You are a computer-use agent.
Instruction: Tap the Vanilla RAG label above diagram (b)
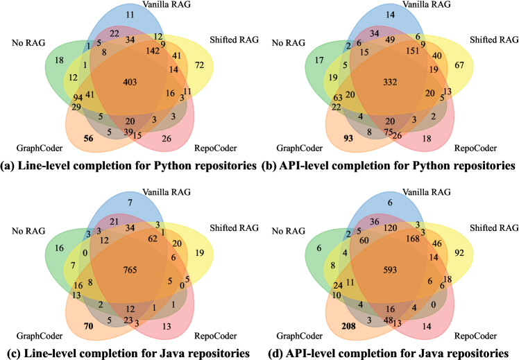(x=389, y=5)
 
